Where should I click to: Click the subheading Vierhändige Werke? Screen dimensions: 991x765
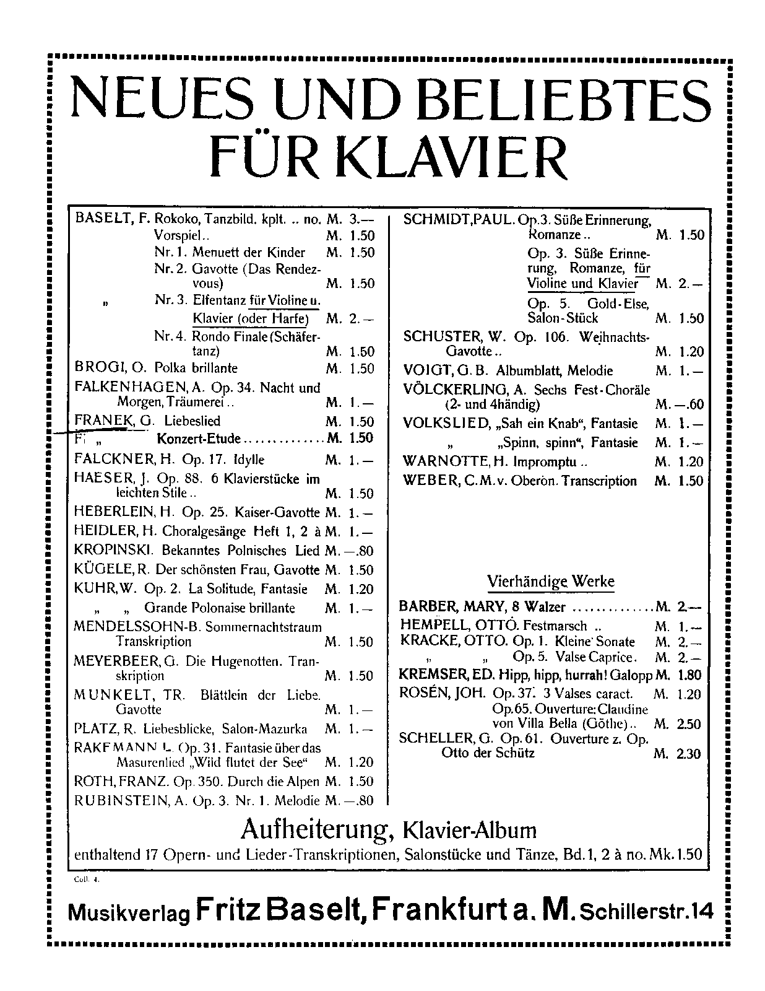click(551, 582)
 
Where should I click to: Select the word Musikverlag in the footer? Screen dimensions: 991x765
click(129, 913)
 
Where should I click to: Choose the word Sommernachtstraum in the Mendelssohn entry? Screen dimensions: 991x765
click(263, 627)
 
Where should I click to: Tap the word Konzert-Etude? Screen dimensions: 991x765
click(198, 439)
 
